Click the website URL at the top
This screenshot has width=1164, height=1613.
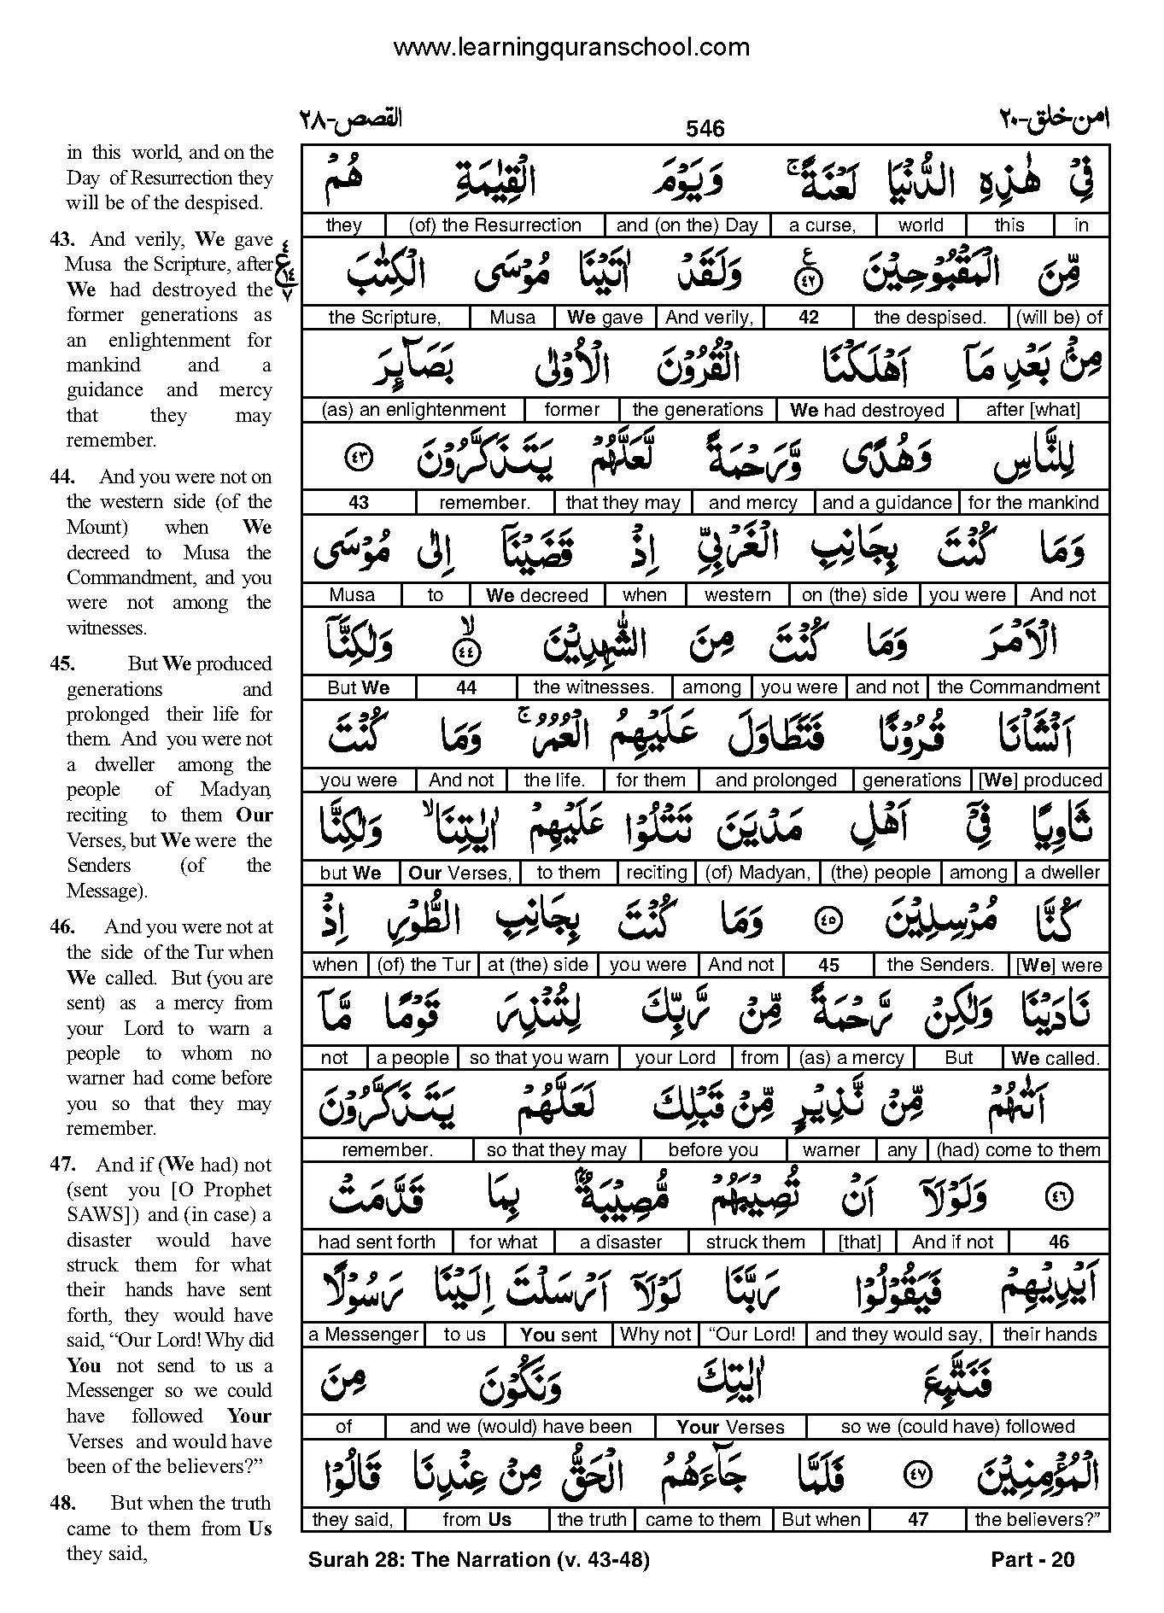pos(570,48)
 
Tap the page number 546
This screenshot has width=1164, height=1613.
pos(705,129)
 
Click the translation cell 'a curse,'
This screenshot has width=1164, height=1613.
pos(822,225)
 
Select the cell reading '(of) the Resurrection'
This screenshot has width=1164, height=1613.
pos(495,225)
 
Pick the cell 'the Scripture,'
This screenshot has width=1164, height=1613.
pos(384,318)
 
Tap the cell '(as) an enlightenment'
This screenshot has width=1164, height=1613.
pos(413,410)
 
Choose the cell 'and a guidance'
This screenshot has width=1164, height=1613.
pos(886,503)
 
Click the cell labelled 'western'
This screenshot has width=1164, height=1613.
pos(738,595)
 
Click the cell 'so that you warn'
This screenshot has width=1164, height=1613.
pos(539,1058)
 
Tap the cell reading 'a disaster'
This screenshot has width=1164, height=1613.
pos(621,1242)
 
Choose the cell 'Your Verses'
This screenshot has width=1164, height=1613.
pos(730,1427)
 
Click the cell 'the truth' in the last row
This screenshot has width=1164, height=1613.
pos(591,1520)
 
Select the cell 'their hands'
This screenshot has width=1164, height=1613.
pos(1050,1335)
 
